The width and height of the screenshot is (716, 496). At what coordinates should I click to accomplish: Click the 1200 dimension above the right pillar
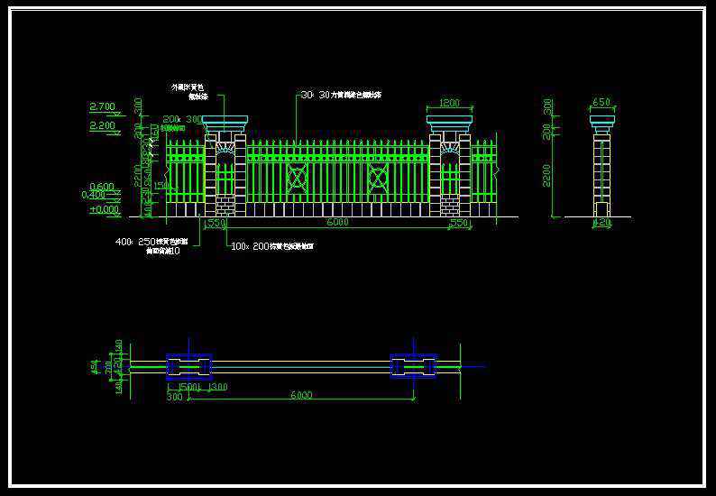(449, 103)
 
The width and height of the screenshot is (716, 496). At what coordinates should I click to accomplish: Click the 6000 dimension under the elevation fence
(337, 222)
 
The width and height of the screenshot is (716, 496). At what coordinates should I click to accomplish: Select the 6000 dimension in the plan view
(301, 395)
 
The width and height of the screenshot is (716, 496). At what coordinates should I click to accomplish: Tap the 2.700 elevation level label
(103, 106)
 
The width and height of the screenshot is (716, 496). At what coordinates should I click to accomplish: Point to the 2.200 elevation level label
(103, 126)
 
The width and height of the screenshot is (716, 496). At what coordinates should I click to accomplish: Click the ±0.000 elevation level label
(105, 209)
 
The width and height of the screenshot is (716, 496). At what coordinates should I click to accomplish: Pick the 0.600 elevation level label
(102, 187)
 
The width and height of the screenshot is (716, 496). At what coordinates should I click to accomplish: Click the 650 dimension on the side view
(601, 103)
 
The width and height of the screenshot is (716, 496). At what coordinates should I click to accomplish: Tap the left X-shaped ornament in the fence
(298, 178)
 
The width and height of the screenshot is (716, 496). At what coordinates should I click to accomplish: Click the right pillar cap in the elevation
(449, 124)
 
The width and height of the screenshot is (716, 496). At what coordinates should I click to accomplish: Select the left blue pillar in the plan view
(188, 366)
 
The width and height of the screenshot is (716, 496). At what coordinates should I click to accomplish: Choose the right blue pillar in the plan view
(413, 366)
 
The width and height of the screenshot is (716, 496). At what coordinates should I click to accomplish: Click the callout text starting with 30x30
(341, 95)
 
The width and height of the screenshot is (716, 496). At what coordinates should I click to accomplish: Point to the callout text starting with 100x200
(271, 246)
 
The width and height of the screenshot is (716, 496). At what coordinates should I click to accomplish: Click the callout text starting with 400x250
(151, 242)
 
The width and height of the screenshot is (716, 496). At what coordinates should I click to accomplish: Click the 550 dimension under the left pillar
(216, 223)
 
